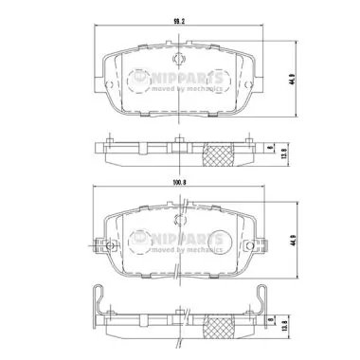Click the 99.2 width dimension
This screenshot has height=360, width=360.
pos(178,19)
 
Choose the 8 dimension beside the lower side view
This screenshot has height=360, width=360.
pos(270,323)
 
